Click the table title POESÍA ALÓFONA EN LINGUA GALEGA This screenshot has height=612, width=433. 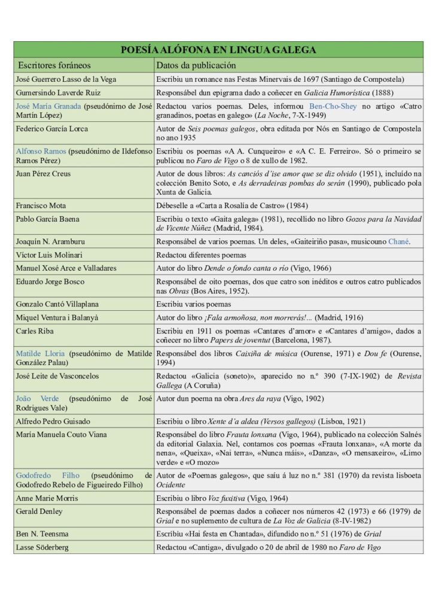tap(218, 50)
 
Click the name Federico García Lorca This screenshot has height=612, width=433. tap(52, 128)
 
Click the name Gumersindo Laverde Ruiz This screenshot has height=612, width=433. tap(58, 93)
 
